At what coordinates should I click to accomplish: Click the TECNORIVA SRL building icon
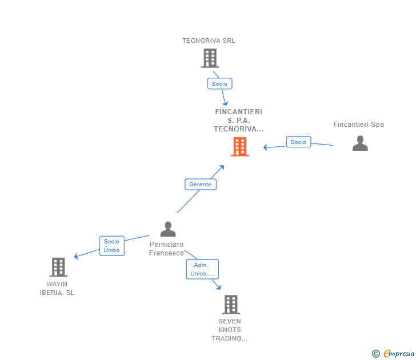(210, 58)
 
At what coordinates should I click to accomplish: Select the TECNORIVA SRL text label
(209, 41)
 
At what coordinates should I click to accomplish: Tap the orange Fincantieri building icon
(239, 147)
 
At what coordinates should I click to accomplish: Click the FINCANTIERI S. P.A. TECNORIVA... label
(238, 120)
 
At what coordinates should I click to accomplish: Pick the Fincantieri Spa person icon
(360, 143)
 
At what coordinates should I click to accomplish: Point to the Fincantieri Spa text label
(358, 125)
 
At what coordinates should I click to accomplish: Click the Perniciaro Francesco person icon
(168, 229)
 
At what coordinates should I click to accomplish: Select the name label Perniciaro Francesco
(166, 249)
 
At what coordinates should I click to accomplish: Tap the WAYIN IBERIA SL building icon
(58, 267)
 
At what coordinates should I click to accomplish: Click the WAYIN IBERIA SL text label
(57, 288)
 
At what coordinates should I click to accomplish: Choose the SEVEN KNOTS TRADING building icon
(230, 305)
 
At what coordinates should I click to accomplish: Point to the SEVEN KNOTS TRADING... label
(229, 330)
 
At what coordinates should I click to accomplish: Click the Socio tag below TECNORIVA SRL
(219, 83)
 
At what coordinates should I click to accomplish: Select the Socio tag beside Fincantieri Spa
(298, 142)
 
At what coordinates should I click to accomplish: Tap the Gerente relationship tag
(201, 184)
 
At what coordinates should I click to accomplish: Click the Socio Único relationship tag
(111, 246)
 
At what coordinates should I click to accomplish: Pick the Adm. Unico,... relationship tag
(202, 269)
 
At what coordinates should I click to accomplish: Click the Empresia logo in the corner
(398, 354)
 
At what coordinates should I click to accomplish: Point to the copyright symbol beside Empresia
(376, 354)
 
